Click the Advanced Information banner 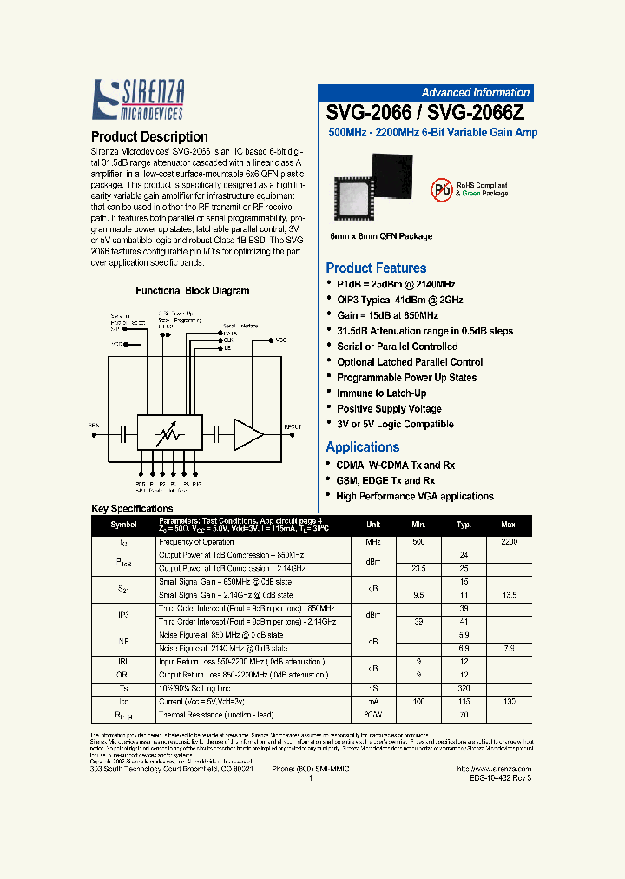tap(475, 93)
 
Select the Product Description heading tap(149, 136)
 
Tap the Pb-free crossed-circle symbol tap(444, 191)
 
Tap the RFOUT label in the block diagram tap(293, 426)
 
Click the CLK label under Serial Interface tap(228, 340)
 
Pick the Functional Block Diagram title tap(192, 291)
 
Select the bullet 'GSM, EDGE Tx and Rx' tap(385, 480)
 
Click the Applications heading tap(363, 446)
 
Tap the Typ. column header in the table tap(464, 525)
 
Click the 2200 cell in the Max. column tap(509, 541)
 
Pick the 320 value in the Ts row tap(464, 687)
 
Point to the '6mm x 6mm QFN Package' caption tap(381, 236)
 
